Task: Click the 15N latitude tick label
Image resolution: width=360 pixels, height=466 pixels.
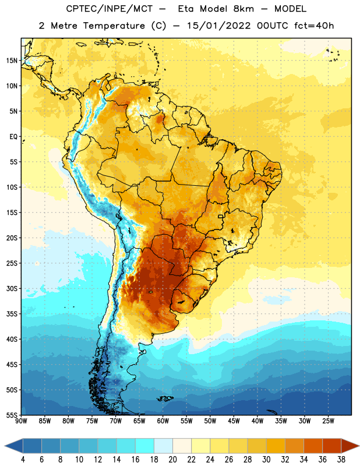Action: click(12, 61)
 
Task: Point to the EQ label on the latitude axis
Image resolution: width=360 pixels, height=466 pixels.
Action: click(13, 137)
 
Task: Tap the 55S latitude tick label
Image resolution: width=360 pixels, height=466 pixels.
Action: click(12, 415)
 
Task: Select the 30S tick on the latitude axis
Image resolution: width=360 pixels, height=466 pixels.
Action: click(12, 288)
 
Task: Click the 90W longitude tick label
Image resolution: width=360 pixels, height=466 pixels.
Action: click(22, 421)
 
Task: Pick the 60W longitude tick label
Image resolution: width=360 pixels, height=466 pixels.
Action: click(163, 421)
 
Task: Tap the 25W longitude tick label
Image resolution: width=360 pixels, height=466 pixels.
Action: click(328, 421)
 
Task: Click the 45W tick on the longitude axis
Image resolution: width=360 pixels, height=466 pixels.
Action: click(234, 421)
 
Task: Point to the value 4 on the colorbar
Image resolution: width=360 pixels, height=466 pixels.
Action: click(23, 460)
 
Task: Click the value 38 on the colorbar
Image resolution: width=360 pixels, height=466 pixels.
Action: click(341, 460)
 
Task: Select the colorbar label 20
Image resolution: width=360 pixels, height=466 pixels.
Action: click(172, 460)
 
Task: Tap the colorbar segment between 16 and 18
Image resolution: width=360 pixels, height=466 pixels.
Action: click(144, 446)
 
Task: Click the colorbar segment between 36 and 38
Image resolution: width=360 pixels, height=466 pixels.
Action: click(332, 446)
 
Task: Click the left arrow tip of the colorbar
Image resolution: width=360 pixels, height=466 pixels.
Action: click(5, 446)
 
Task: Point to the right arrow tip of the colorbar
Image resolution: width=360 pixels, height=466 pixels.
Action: click(359, 446)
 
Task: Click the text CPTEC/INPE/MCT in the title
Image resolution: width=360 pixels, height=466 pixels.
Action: click(110, 9)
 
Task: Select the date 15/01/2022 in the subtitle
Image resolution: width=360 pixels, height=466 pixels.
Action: click(218, 26)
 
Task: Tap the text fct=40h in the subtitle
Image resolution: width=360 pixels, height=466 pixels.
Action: click(314, 26)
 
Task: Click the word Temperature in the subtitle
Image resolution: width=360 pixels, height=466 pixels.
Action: click(114, 26)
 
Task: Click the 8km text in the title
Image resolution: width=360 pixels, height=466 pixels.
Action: click(243, 9)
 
